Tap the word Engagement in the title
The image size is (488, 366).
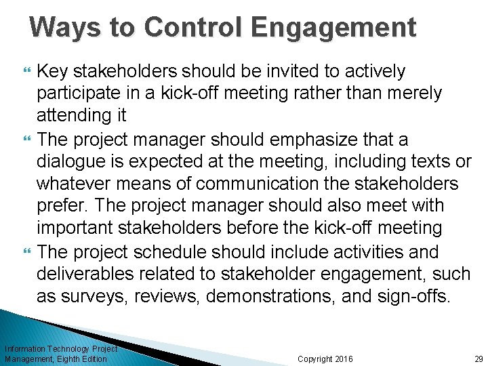[x=333, y=27]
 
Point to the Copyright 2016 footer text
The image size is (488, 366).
[x=325, y=359]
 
